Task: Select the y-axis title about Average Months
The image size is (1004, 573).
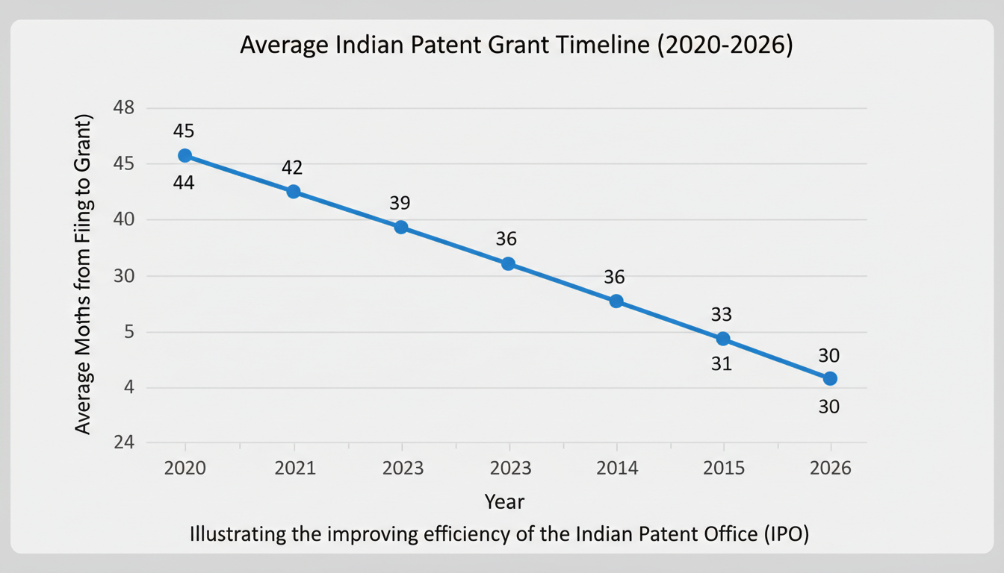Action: [83, 275]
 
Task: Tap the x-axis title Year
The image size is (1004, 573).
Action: [504, 501]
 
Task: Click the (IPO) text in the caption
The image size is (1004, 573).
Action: [784, 535]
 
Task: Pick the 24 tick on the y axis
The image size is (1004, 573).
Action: [123, 442]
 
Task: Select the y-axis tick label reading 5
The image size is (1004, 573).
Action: [128, 332]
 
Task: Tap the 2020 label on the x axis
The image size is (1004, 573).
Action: [185, 468]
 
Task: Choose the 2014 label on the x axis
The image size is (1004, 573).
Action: [617, 468]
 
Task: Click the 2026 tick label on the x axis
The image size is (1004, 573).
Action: [829, 468]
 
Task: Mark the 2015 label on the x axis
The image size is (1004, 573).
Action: [723, 468]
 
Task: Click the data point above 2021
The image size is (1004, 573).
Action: [294, 192]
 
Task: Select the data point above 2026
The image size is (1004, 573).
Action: [830, 378]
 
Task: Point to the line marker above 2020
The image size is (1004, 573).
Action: [185, 155]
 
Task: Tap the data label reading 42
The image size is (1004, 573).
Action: [292, 168]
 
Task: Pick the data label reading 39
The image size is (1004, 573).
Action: [400, 203]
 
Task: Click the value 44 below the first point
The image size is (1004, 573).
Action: [184, 182]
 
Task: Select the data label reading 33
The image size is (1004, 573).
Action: [722, 314]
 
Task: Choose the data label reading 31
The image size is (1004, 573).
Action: [722, 365]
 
